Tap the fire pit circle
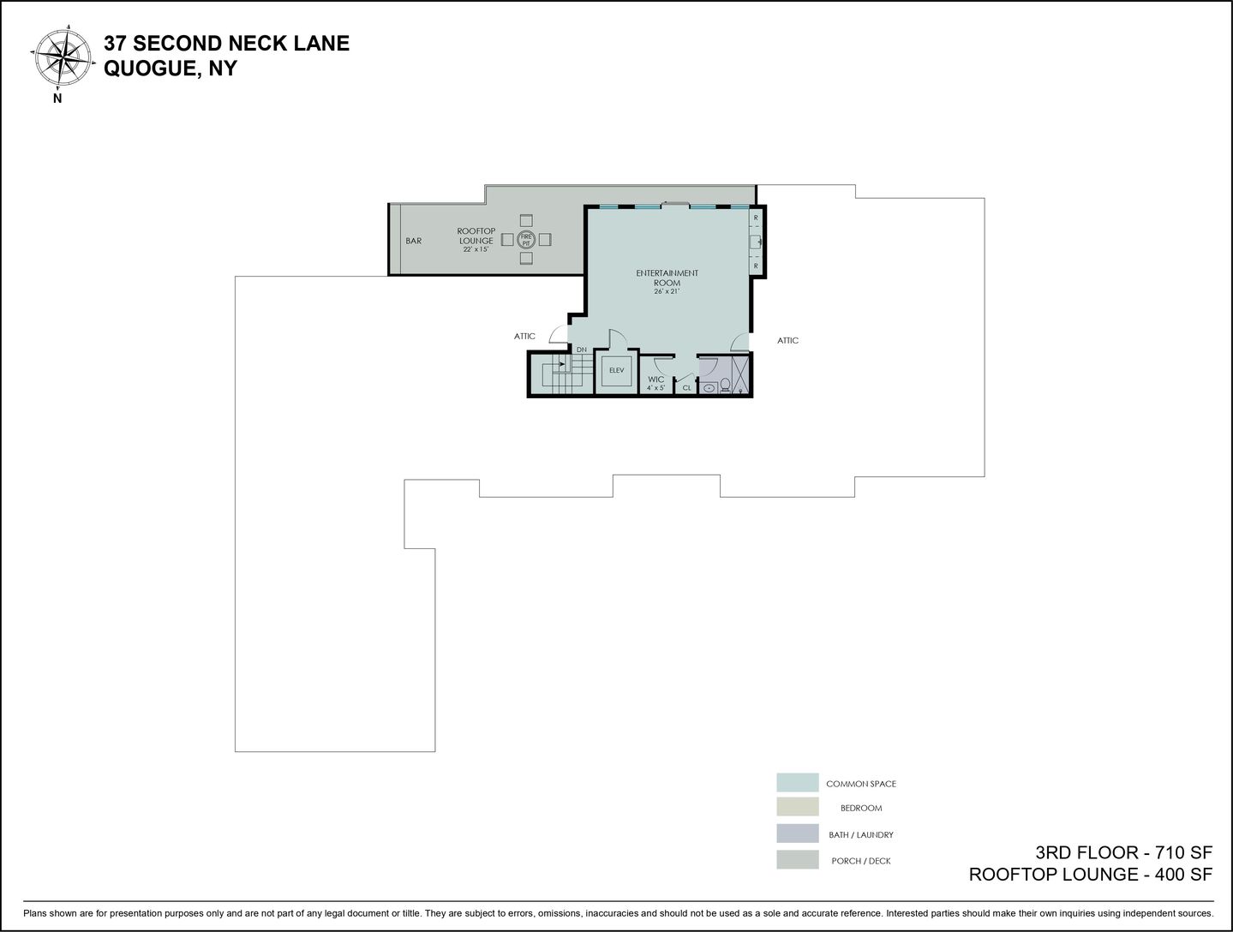[x=526, y=240]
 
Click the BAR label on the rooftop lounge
[x=414, y=241]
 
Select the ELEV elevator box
[x=617, y=371]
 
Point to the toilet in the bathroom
[x=725, y=385]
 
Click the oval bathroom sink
[x=709, y=387]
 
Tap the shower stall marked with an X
[x=740, y=374]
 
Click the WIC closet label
[x=656, y=379]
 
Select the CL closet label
[x=686, y=388]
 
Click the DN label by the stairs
[x=582, y=349]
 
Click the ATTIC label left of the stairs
[x=524, y=337]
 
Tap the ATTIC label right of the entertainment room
[x=787, y=340]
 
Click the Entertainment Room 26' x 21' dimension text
[x=667, y=292]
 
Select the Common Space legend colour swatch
[x=798, y=783]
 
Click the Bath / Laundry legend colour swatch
[x=798, y=833]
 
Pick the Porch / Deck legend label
[x=861, y=861]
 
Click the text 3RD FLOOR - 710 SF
[x=1124, y=853]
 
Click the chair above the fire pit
[x=526, y=219]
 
